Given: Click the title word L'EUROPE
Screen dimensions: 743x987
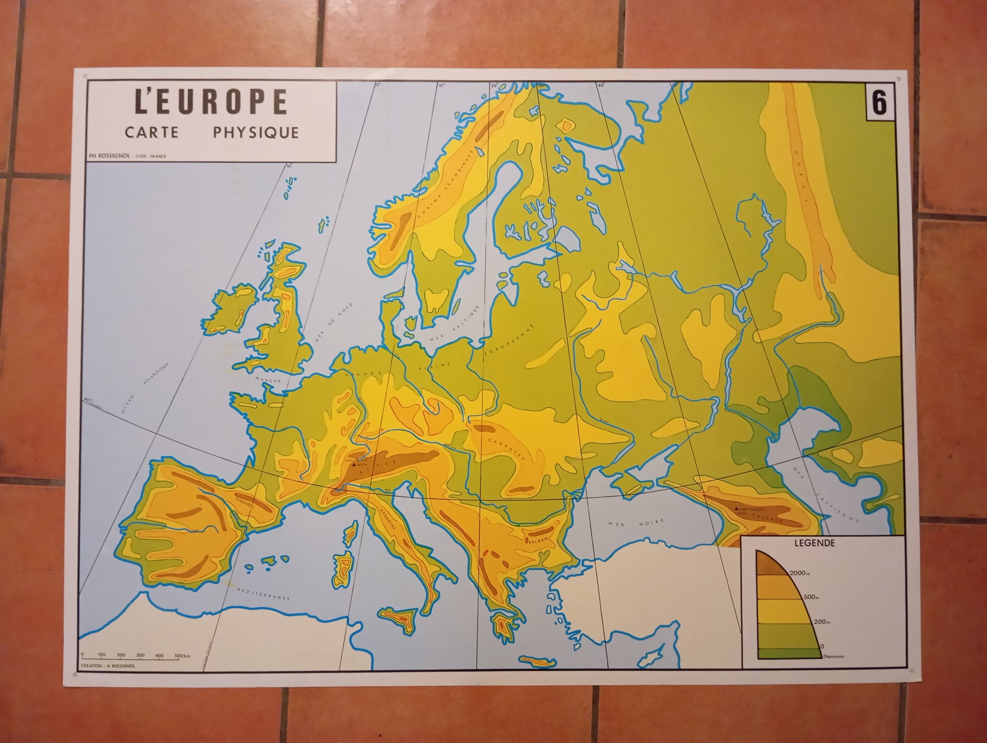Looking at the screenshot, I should [211, 102].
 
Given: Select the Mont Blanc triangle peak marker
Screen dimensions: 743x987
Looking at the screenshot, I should [354, 464].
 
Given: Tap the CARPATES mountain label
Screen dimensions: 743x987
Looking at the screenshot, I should [507, 449].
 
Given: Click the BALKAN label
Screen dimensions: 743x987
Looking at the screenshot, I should [538, 540].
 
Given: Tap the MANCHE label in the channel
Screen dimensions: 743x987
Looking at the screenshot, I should [268, 380].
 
